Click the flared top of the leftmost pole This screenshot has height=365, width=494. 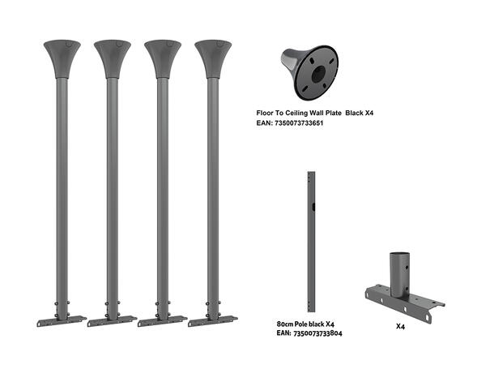[62, 58]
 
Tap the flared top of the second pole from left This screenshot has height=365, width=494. [113, 58]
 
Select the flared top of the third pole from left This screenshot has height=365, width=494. [163, 58]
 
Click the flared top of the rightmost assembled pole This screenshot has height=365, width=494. [214, 58]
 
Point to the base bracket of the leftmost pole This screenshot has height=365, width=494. [62, 320]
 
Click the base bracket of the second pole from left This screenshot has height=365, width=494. [112, 320]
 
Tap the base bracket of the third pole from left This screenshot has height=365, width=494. [162, 320]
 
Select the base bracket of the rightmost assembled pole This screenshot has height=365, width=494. [213, 320]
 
